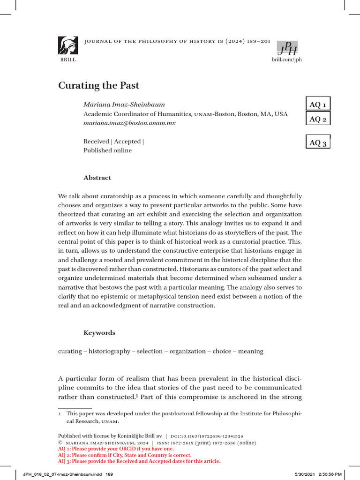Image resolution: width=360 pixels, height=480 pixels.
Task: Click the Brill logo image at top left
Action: (68, 46)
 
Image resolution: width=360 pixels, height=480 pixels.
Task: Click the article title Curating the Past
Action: (98, 86)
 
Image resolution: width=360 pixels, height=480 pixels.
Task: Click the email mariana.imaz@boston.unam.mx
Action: (129, 123)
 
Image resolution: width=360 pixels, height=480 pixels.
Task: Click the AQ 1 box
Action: (318, 104)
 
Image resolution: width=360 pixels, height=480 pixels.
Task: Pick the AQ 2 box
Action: (318, 119)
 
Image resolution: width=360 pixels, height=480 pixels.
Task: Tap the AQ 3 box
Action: (318, 142)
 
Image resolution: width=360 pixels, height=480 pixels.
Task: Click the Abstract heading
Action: (97, 178)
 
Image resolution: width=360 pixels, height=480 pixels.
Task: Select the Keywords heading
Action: (99, 332)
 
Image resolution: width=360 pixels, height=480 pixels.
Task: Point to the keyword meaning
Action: (251, 351)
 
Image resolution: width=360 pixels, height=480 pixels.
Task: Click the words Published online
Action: (107, 150)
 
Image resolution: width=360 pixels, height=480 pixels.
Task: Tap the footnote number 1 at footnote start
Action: (60, 414)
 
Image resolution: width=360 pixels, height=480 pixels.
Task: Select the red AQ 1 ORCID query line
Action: (116, 449)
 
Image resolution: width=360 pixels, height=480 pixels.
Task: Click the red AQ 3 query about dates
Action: (139, 461)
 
